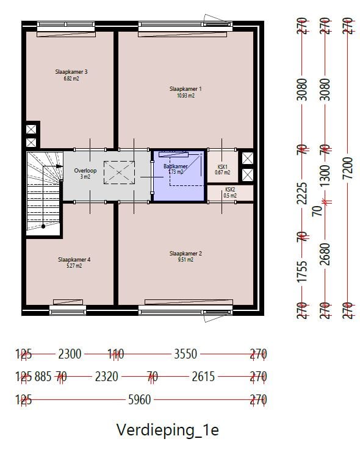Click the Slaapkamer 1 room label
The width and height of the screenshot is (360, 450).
pos(185,89)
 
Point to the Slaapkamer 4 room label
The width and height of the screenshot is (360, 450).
pos(74,259)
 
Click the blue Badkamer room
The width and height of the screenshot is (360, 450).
pos(178,177)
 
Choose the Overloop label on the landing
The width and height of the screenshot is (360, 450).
pos(85,171)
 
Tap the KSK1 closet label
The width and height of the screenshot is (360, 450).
pos(222,166)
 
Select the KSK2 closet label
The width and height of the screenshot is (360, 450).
pos(230,190)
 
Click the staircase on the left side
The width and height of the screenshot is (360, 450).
pos(43,194)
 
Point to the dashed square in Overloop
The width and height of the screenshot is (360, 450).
pos(119,173)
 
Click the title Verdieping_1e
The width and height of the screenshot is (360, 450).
pos(167,429)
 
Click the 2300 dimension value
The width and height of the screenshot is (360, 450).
pos(71,354)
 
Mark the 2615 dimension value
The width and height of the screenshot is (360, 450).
pos(203,377)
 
